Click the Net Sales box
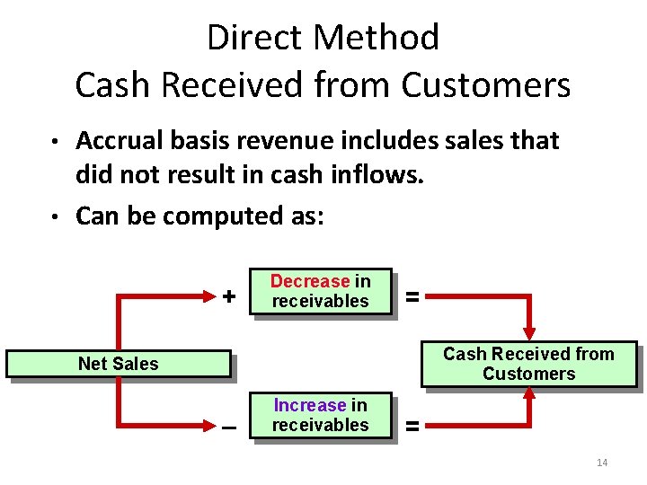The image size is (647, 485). pyautogui.click(x=118, y=364)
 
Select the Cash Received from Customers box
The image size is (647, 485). pyautogui.click(x=528, y=364)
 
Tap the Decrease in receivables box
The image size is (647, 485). pyautogui.click(x=320, y=292)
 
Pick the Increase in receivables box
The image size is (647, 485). pyautogui.click(x=320, y=415)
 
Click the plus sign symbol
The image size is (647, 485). pyautogui.click(x=229, y=295)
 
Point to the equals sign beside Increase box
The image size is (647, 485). pyautogui.click(x=412, y=427)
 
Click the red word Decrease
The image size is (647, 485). pyautogui.click(x=310, y=282)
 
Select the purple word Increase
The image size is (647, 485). pyautogui.click(x=310, y=406)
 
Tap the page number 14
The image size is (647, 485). pyautogui.click(x=602, y=463)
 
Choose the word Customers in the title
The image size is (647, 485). pyautogui.click(x=486, y=85)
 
